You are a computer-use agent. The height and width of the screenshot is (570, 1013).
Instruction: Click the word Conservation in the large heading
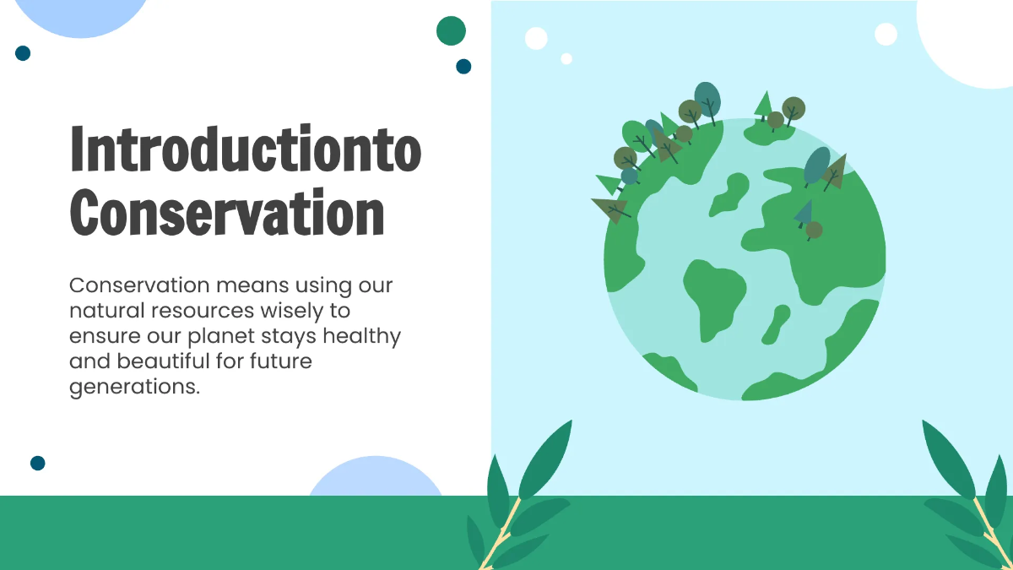(227, 214)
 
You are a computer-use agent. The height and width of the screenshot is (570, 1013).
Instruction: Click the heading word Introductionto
(245, 149)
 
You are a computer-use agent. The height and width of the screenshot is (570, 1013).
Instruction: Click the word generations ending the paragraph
(133, 387)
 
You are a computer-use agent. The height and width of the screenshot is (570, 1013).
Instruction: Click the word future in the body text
(281, 361)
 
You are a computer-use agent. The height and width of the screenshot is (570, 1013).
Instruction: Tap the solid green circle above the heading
(451, 30)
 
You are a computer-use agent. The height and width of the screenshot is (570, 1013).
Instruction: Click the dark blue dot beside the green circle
(463, 66)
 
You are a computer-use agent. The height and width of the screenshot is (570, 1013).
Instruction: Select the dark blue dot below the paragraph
(37, 463)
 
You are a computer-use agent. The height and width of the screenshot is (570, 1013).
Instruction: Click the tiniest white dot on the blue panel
(566, 58)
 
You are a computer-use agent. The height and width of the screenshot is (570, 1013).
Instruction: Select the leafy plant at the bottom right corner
(971, 498)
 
